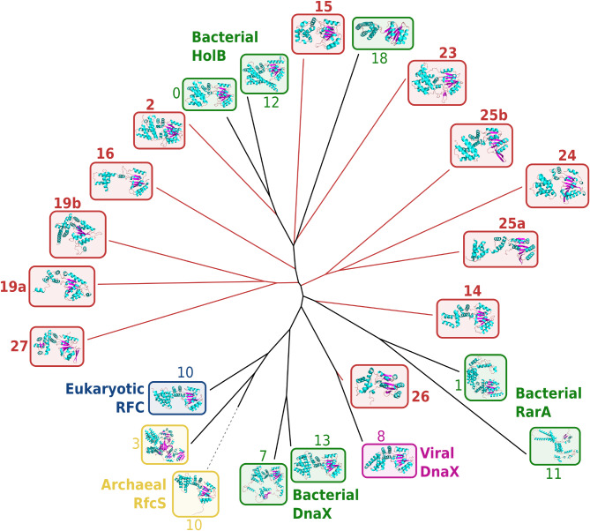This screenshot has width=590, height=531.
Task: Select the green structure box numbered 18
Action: tap(383, 34)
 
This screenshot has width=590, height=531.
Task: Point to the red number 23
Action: tap(447, 52)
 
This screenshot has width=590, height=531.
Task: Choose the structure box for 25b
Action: tap(481, 146)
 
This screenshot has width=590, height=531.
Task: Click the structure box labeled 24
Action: tap(556, 186)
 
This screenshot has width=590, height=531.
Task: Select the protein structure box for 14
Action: tap(467, 318)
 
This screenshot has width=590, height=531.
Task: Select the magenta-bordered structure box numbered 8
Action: tap(389, 460)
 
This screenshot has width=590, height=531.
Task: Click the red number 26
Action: tap(422, 396)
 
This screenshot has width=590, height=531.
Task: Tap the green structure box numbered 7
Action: tap(263, 484)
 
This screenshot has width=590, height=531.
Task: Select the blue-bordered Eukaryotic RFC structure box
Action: tap(177, 398)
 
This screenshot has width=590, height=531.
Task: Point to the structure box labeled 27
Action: tap(57, 346)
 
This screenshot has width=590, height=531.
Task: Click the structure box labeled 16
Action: tap(121, 181)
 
